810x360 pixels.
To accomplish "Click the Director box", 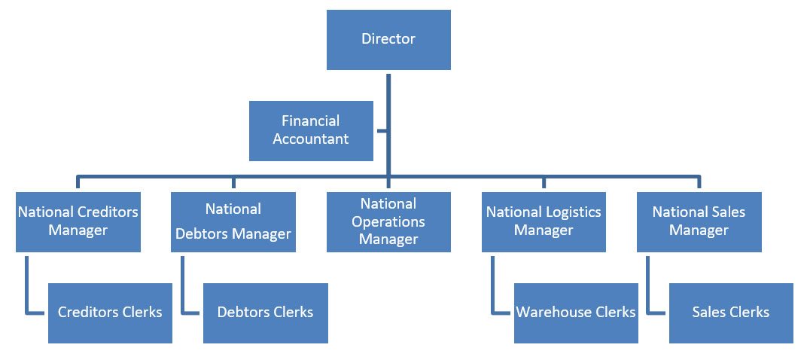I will [x=388, y=40].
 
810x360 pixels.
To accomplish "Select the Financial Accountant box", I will [x=311, y=130].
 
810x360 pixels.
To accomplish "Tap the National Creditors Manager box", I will [x=78, y=221].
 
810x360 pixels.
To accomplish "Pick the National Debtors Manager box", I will [x=233, y=221].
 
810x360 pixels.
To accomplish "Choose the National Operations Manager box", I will [x=388, y=221].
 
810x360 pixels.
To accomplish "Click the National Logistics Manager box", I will [x=543, y=221].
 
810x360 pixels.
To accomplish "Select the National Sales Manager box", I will [x=699, y=221].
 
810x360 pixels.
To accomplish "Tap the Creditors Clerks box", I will [x=110, y=313].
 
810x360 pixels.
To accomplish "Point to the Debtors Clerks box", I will [x=265, y=313].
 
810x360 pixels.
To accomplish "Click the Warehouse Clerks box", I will [x=576, y=313].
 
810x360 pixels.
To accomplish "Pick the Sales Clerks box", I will [x=730, y=313].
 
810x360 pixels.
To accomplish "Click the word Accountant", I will [x=311, y=139].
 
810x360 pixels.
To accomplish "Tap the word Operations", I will [x=388, y=222].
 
